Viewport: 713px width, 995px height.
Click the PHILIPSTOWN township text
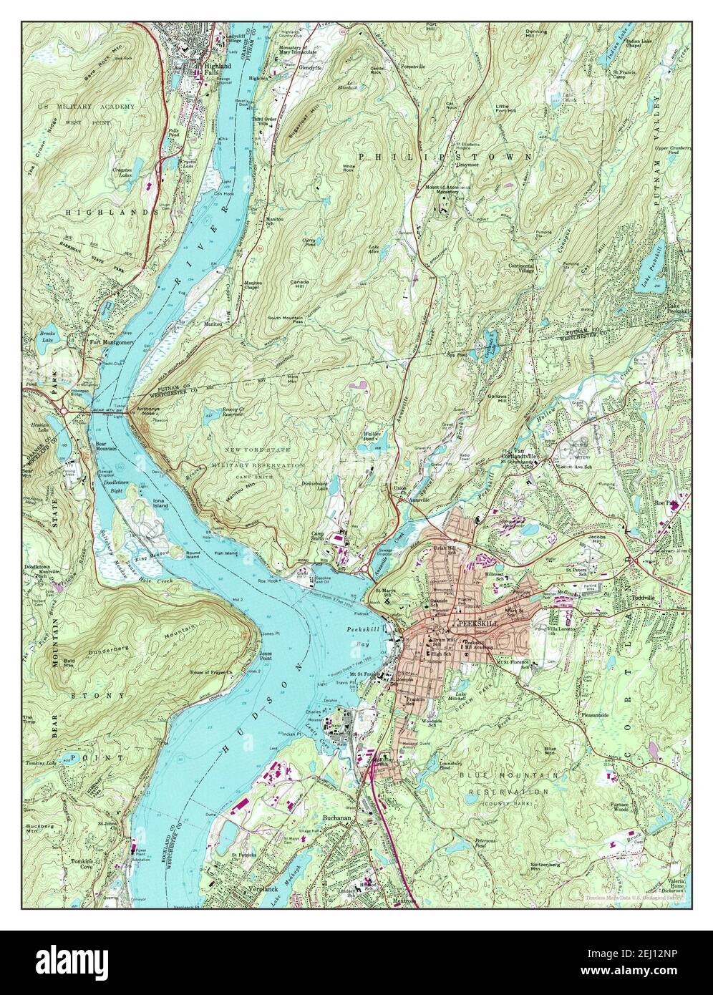coord(445,155)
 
